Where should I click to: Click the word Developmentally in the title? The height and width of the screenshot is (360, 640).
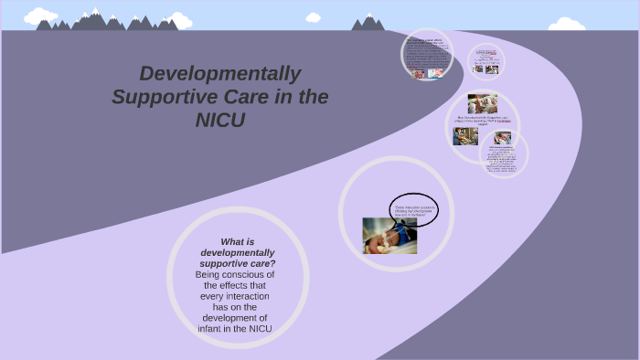(219, 74)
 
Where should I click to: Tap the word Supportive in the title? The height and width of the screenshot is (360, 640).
(161, 97)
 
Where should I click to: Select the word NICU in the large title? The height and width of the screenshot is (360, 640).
(220, 120)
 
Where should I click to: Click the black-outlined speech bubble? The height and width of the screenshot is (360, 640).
(413, 210)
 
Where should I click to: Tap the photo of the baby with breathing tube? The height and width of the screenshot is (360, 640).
(389, 235)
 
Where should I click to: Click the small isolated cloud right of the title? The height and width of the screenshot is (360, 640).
(314, 16)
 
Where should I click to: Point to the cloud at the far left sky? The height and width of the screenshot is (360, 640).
(40, 16)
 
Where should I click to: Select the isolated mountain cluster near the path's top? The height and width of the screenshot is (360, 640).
(368, 22)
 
